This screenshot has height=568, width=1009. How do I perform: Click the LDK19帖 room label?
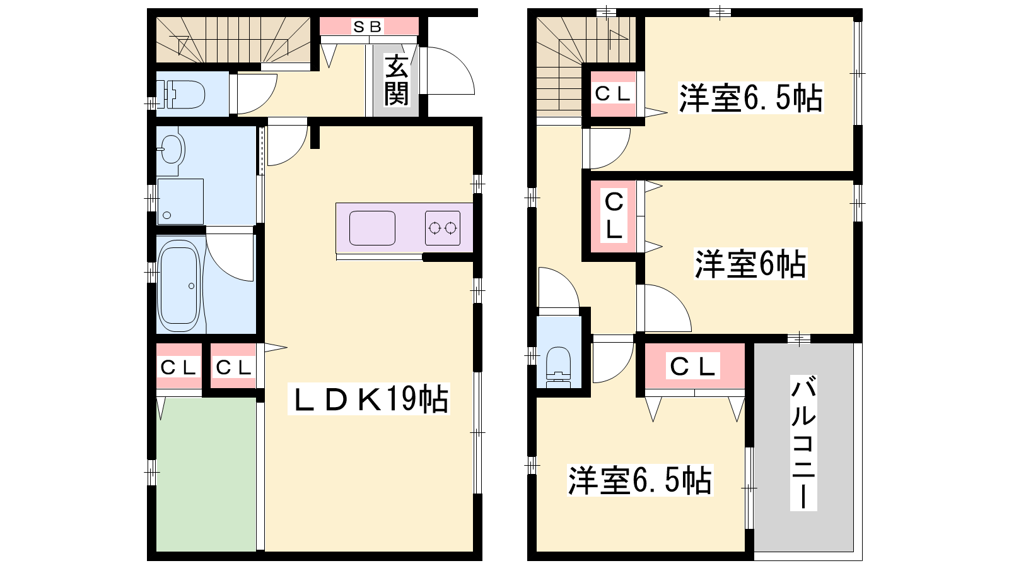369,398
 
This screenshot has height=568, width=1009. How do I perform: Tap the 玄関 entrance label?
397,81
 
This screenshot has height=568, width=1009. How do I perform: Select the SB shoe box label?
368,27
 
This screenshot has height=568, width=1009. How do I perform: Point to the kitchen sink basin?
372,228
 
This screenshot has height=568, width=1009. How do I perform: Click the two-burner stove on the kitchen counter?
442,228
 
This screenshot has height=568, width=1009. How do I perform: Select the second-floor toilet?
559,367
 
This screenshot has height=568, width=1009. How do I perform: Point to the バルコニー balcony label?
803,444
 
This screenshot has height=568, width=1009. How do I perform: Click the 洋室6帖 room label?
750,264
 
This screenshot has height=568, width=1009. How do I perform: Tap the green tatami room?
206,474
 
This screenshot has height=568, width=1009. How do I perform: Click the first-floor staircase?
233,40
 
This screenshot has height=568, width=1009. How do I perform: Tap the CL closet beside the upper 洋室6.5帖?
613,94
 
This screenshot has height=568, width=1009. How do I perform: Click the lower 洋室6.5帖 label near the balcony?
640,480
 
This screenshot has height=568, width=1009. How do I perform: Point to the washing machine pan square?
180,201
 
